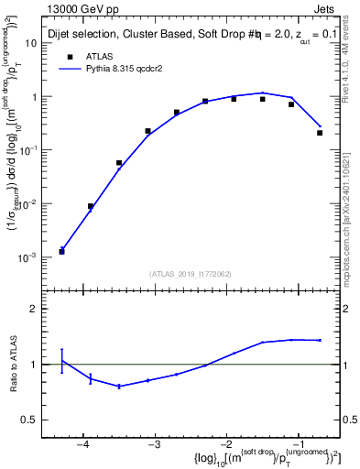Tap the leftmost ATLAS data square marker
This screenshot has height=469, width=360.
(61, 251)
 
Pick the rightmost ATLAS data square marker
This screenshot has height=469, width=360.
(320, 133)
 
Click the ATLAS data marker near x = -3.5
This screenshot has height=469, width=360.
(119, 163)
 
